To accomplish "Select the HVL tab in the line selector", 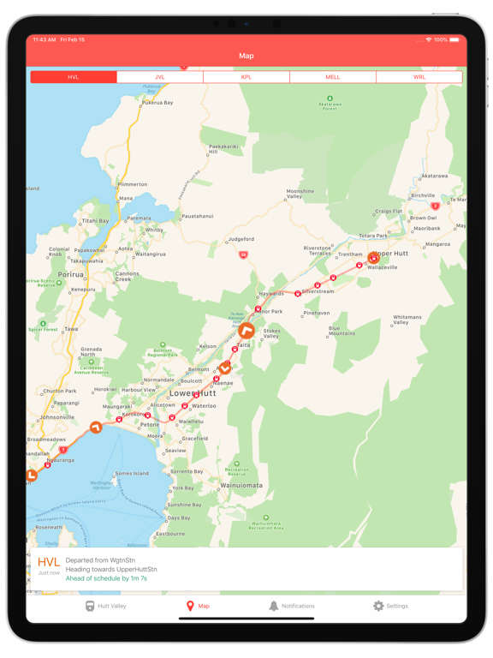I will [74, 77].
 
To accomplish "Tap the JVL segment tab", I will [160, 77].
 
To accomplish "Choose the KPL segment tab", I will [246, 77].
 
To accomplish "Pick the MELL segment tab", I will [333, 77].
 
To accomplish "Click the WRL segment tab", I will [419, 77].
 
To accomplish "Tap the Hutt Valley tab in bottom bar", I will [105, 606].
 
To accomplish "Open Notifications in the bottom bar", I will [291, 606].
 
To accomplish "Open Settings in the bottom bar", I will [390, 606].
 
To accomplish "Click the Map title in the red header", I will [246, 56].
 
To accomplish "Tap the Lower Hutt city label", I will [192, 394].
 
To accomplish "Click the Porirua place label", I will [70, 275].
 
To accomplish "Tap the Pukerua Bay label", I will [157, 103].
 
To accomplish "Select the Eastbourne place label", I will [170, 534].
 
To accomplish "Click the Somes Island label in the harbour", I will [131, 474].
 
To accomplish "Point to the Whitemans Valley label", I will [407, 320].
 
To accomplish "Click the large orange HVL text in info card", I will [49, 562].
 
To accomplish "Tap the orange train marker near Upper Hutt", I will [373, 257].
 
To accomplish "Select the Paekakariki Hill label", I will [224, 149].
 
